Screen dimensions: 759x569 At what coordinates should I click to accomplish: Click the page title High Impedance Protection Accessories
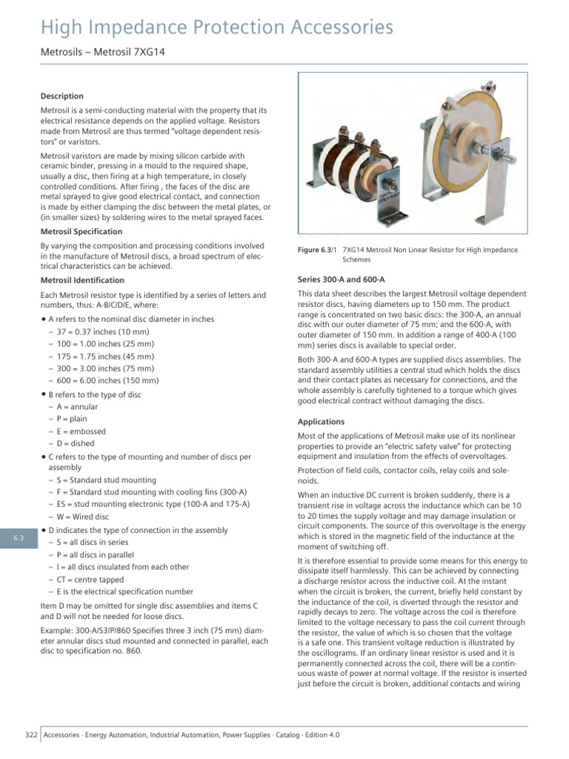tap(217, 28)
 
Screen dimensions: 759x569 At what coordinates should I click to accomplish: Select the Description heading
tap(62, 96)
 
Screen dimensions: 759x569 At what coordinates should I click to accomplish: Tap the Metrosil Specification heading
tap(82, 231)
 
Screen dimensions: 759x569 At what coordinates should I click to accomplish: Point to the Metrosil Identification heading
tap(82, 280)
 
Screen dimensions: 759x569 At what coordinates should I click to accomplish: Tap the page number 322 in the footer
tap(31, 735)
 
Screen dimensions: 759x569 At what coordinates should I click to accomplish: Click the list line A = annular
tap(76, 407)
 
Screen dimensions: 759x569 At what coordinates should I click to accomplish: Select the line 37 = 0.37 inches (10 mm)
tap(100, 331)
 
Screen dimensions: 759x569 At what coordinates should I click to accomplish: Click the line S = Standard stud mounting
tap(105, 480)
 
